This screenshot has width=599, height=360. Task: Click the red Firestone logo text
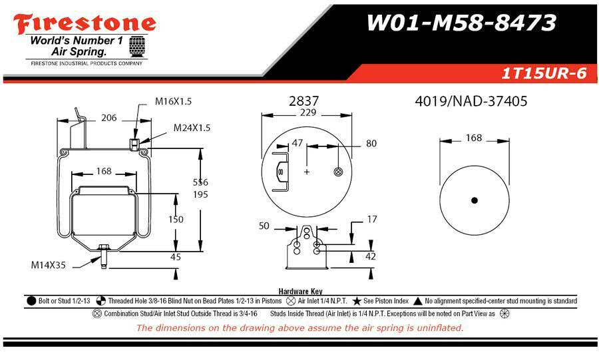coord(85,24)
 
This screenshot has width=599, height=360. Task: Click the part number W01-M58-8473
coord(461,23)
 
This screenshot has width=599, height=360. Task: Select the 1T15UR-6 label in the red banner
coord(544,73)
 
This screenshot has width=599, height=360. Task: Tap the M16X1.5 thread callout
coord(173,102)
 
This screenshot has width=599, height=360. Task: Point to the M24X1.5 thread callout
coord(192,128)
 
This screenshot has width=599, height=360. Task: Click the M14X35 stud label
coord(48,265)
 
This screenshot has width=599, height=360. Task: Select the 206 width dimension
coord(109,118)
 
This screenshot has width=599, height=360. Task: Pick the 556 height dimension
coord(200,182)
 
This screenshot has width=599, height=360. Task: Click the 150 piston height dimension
coord(176,220)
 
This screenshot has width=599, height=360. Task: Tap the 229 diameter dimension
coord(308,112)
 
